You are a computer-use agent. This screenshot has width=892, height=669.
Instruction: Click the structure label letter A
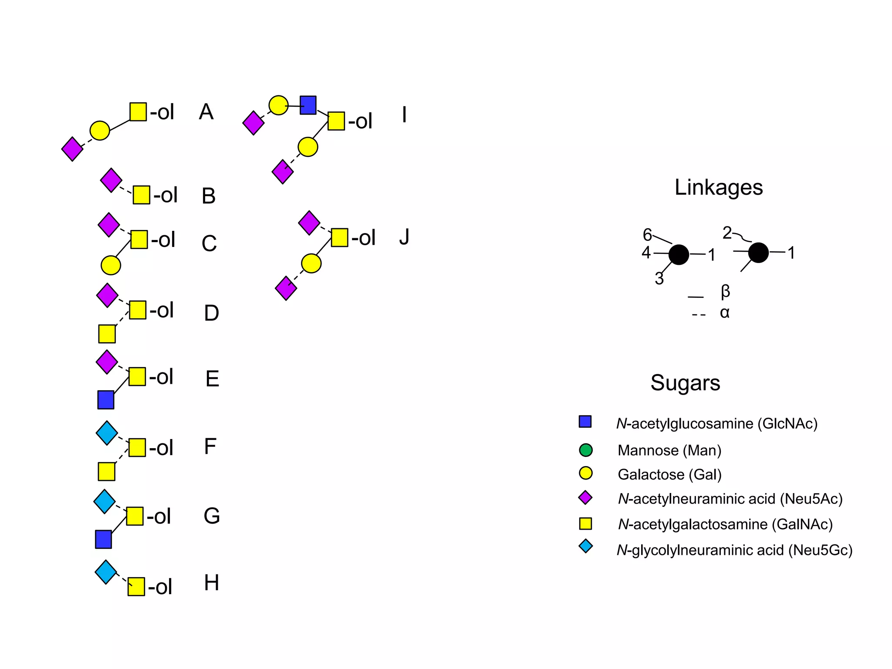click(206, 112)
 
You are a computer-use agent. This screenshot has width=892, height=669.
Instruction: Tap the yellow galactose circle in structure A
click(100, 131)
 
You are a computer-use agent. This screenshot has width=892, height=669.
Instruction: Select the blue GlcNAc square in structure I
click(308, 105)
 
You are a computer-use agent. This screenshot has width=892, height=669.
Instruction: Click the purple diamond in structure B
click(111, 180)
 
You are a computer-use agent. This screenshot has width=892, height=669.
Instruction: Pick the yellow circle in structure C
click(111, 265)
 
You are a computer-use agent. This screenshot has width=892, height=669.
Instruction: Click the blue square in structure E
click(106, 400)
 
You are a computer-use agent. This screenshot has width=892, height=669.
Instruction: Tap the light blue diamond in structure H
click(106, 572)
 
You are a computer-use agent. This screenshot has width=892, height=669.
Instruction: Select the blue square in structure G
click(104, 539)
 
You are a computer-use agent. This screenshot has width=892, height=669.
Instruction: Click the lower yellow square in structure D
click(107, 334)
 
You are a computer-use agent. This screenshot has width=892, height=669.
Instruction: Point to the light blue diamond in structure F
click(107, 433)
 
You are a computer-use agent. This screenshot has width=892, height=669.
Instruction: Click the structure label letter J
click(404, 237)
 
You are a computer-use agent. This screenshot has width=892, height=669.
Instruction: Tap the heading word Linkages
click(718, 187)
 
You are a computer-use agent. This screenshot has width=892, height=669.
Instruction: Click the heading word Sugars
click(685, 383)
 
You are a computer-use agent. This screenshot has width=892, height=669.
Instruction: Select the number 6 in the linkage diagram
click(647, 235)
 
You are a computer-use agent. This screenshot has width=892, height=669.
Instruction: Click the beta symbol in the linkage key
click(725, 291)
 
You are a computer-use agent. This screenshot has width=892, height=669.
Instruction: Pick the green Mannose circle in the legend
click(586, 450)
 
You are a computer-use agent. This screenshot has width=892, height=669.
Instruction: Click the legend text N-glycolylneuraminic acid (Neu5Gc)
click(734, 550)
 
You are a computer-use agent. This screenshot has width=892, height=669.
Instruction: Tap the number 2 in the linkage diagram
click(727, 233)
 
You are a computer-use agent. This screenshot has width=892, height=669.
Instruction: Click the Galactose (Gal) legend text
click(669, 474)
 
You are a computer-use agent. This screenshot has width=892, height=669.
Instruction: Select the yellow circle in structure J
click(311, 264)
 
